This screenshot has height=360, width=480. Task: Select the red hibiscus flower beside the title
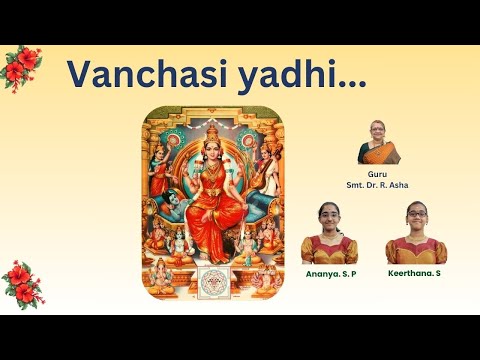pyautogui.click(x=22, y=67)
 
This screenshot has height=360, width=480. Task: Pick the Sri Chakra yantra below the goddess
pyautogui.click(x=213, y=278)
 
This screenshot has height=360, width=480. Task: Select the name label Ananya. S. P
pyautogui.click(x=329, y=272)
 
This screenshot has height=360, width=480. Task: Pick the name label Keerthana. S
pyautogui.click(x=415, y=272)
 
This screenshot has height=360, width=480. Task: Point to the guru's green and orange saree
pyautogui.click(x=380, y=155)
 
